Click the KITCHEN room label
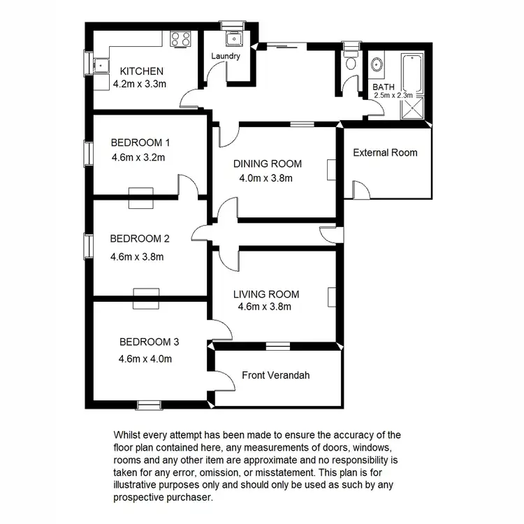(x=142, y=71)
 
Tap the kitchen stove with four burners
(x=182, y=40)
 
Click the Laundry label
(x=227, y=57)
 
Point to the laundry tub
(x=230, y=38)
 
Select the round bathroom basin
(x=378, y=64)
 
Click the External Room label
(x=385, y=152)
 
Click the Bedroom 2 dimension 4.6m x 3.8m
(x=137, y=256)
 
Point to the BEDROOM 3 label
(x=150, y=342)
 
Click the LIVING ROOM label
(x=266, y=294)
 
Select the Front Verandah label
(x=275, y=375)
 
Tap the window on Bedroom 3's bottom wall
(x=147, y=404)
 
